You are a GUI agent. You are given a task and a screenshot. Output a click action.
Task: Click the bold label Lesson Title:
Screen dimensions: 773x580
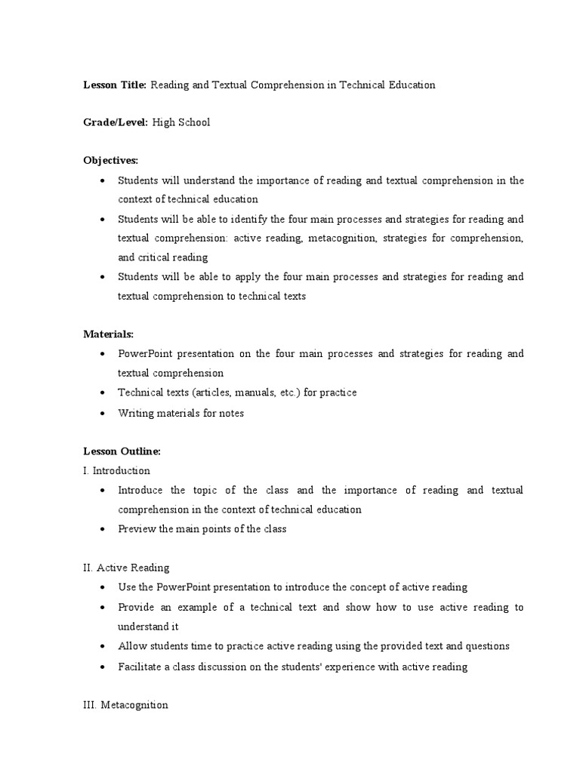click(x=115, y=85)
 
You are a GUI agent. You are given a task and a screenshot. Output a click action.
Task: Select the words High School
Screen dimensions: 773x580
click(x=180, y=122)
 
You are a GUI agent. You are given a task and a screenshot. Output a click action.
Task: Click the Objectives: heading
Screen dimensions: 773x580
click(x=111, y=161)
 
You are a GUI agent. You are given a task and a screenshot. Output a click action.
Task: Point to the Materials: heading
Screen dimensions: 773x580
click(x=108, y=334)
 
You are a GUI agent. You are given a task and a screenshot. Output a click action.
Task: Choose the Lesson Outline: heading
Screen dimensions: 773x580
click(x=122, y=451)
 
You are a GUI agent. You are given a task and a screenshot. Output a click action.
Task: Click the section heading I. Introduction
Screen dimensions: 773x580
click(x=116, y=470)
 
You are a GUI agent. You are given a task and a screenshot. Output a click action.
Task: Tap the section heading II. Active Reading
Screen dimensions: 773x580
click(x=126, y=568)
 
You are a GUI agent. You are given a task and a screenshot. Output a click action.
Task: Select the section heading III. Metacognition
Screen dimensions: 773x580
click(x=125, y=705)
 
